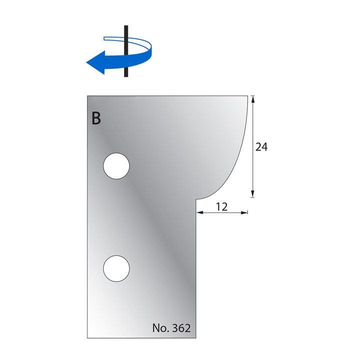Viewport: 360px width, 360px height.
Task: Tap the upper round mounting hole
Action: pyautogui.click(x=116, y=166)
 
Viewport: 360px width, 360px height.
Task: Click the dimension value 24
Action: pyautogui.click(x=261, y=147)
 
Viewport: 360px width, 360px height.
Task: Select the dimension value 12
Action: pyautogui.click(x=222, y=206)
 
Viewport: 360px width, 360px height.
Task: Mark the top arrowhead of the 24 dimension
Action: pyautogui.click(x=253, y=99)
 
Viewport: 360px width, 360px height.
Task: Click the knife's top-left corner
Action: pyautogui.click(x=88, y=96)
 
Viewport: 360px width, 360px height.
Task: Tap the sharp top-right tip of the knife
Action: pyautogui.click(x=248, y=96)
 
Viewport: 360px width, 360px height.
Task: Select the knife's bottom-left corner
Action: pyautogui.click(x=88, y=338)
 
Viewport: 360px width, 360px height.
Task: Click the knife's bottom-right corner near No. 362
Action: pyautogui.click(x=195, y=338)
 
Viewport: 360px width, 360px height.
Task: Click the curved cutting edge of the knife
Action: pyautogui.click(x=239, y=155)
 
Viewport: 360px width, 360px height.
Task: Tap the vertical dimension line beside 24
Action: pyautogui.click(x=253, y=125)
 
